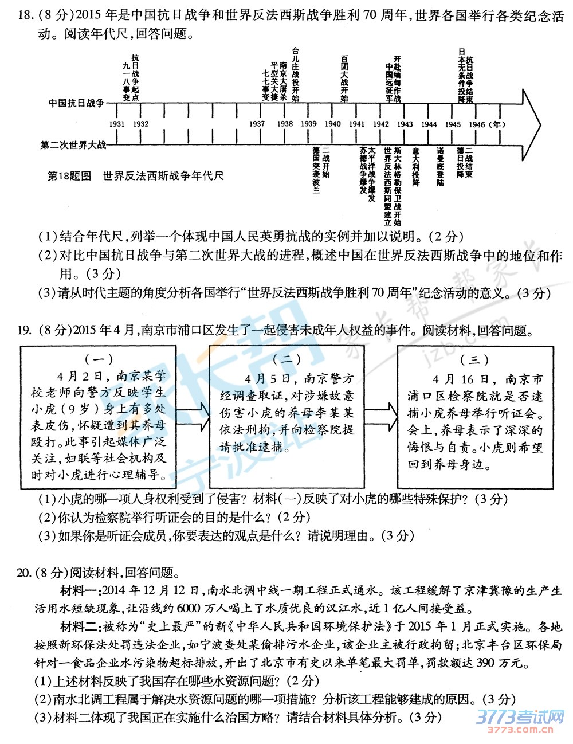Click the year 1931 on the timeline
coord(116,124)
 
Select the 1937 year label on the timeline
coord(257,124)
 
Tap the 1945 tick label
coord(453,124)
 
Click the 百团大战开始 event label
coord(344,78)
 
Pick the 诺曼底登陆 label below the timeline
coord(440,166)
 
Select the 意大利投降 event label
coord(416,166)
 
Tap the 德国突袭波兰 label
coord(316,171)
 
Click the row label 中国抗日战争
coord(76,103)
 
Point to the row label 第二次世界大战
coord(73,145)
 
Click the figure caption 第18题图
coord(69,175)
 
